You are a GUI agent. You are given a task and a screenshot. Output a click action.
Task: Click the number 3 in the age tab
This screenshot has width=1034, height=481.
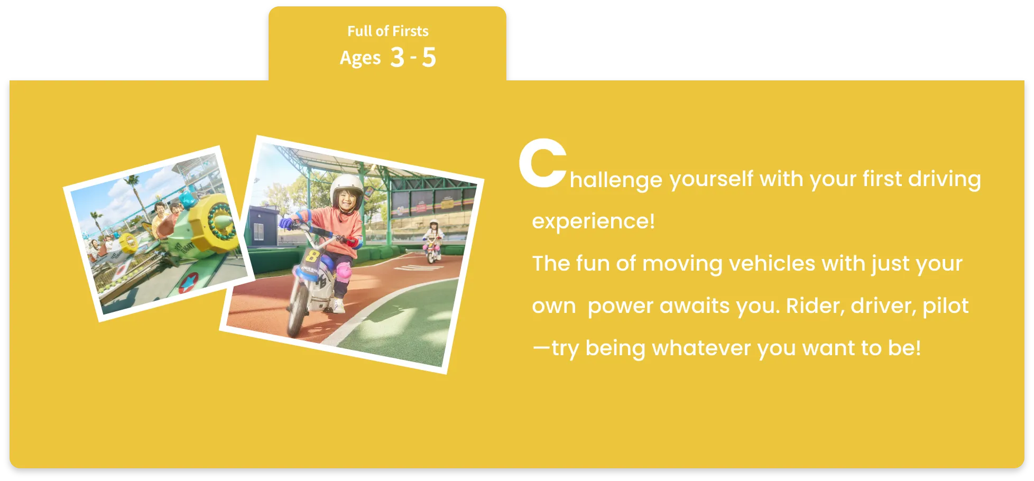point(397,57)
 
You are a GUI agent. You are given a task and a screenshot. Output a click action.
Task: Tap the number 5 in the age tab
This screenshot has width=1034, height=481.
point(429,57)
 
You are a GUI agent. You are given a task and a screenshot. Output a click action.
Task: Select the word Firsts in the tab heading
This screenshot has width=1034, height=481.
point(410,31)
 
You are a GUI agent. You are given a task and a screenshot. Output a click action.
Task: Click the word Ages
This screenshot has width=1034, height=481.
point(360,58)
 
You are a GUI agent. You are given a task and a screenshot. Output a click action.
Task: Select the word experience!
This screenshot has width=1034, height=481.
point(593,221)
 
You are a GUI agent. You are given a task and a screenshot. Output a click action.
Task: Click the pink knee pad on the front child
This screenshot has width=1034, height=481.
point(344,273)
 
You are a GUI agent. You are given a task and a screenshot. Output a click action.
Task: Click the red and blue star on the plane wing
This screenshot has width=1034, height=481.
point(189,282)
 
